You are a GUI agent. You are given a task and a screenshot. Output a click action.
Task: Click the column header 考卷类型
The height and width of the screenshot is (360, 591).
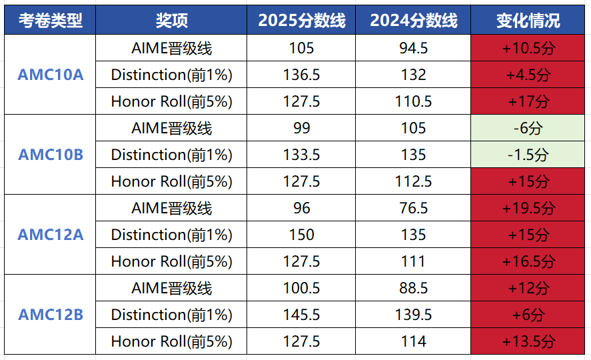click(50, 21)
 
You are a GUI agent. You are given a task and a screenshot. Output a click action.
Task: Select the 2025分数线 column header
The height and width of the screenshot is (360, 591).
click(301, 21)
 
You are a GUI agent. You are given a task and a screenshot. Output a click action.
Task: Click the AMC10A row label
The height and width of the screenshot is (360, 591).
click(50, 75)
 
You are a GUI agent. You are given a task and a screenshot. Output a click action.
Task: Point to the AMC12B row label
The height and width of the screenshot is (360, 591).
click(50, 315)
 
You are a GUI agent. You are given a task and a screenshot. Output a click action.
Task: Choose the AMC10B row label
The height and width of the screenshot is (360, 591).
click(50, 155)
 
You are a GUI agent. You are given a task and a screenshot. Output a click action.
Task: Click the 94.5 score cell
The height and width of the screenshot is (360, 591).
click(413, 48)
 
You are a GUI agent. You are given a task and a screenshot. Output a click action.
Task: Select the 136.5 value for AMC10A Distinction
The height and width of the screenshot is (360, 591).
click(301, 75)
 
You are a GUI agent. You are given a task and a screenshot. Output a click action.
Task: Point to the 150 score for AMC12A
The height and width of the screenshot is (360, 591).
click(301, 235)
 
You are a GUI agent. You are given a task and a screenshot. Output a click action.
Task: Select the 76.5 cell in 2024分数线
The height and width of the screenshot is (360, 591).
click(413, 208)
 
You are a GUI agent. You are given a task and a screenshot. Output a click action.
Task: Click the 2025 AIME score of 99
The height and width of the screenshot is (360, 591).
click(301, 128)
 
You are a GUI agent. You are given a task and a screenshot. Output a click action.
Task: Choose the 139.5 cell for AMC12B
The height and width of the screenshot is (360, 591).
click(413, 315)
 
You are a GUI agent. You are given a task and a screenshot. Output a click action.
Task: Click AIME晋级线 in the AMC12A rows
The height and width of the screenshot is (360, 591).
click(171, 208)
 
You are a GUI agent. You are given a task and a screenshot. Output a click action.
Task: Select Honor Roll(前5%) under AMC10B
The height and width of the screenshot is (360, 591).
click(171, 181)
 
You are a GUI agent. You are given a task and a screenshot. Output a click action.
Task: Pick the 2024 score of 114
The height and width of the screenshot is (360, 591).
click(413, 341)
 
